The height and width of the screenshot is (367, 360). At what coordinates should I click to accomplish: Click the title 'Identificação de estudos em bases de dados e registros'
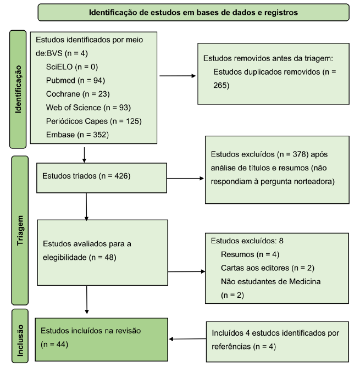pos(193,12)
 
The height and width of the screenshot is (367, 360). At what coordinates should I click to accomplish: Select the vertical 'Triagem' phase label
pos(20,230)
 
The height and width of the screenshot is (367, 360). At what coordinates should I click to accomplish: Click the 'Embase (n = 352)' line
pos(76,135)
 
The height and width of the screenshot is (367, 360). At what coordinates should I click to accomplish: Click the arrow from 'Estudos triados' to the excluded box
pos(184,178)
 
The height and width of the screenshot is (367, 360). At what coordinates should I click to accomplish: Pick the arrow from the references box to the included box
pos(187,339)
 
